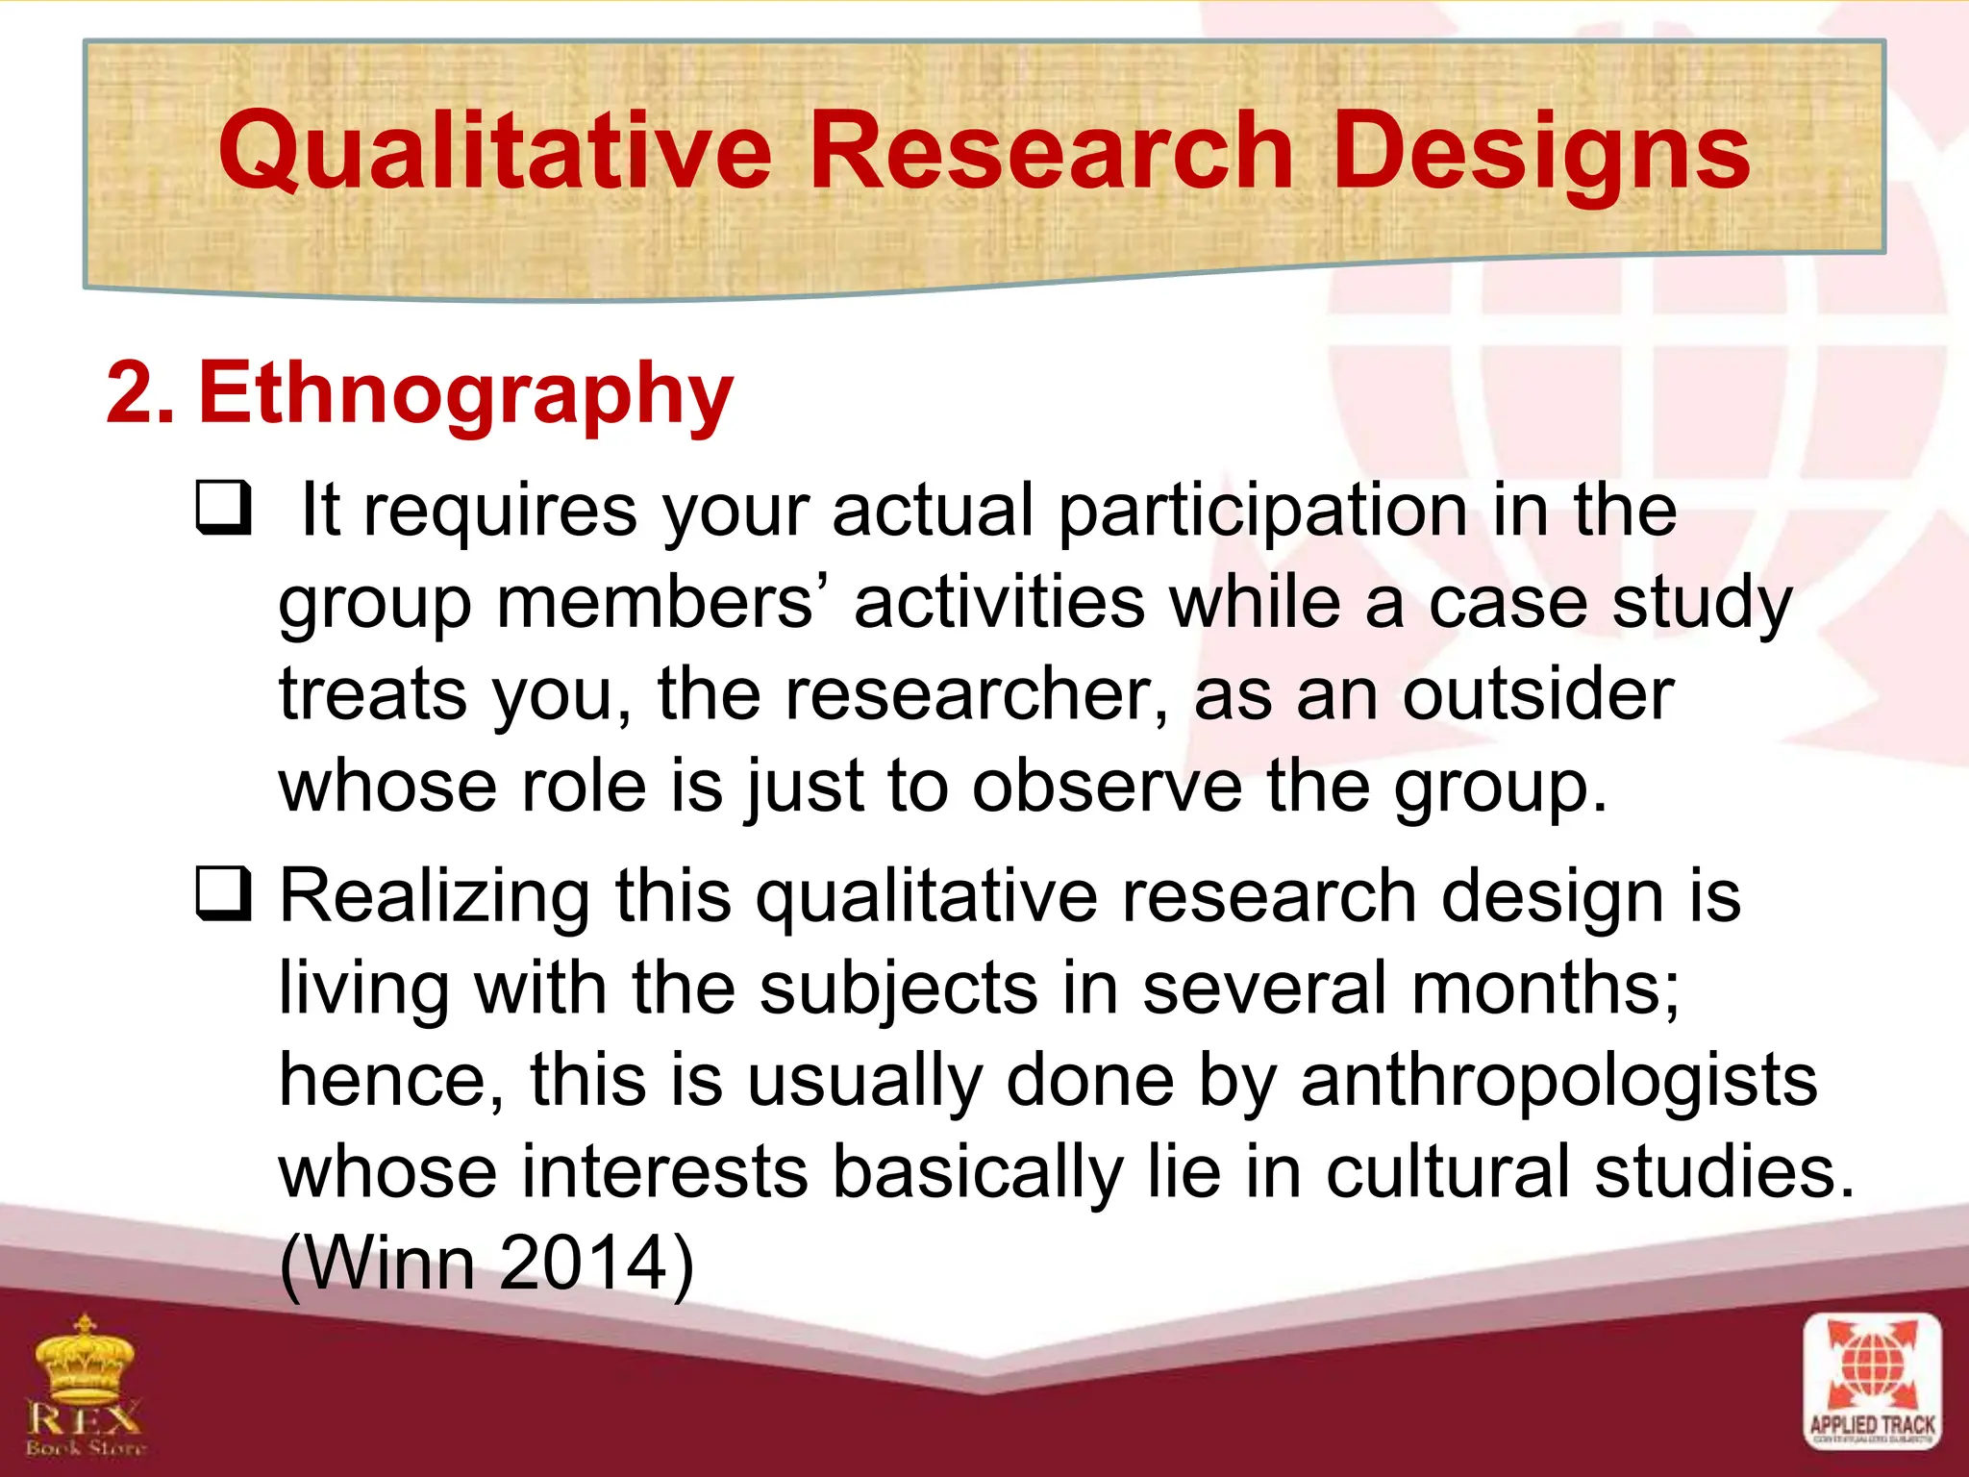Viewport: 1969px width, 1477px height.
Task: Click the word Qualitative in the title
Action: (x=495, y=152)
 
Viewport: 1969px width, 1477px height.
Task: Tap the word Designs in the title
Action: (x=1541, y=152)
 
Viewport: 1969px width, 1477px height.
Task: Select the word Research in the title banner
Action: (x=1051, y=150)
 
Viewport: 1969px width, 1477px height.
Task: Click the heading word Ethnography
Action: (x=465, y=394)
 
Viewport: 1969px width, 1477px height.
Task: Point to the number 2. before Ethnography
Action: (x=140, y=392)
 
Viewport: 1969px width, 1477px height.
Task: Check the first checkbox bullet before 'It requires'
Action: (x=224, y=508)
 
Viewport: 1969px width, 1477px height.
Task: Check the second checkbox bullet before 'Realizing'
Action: (x=224, y=893)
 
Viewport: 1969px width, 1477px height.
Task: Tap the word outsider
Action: (x=1537, y=694)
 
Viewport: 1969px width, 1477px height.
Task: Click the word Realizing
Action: (x=435, y=896)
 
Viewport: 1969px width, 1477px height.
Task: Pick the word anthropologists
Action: (x=1558, y=1081)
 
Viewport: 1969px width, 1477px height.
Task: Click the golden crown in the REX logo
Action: (x=85, y=1359)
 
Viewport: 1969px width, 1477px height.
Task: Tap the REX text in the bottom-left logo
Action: (x=85, y=1416)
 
